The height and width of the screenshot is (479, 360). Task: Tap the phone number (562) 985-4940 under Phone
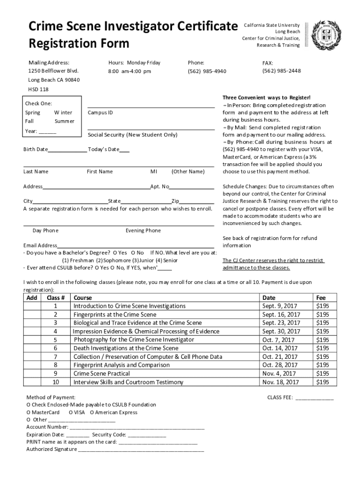207,71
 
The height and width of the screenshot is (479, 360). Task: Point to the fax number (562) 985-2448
281,71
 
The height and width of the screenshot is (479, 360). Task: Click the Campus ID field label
101,113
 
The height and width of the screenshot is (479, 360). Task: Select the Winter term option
63,113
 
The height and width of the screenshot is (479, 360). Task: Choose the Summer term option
64,121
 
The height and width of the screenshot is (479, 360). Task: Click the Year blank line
47,132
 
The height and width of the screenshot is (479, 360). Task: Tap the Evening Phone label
143,231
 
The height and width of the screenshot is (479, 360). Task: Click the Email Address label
40,246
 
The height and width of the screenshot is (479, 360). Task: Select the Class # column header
56,298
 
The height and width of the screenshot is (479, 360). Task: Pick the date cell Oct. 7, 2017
279,340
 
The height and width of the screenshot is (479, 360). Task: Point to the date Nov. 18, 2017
281,382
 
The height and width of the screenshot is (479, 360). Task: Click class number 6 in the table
55,348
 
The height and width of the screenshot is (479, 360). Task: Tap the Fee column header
321,298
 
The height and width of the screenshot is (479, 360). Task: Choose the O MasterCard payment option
43,413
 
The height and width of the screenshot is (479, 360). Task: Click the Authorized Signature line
140,450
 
